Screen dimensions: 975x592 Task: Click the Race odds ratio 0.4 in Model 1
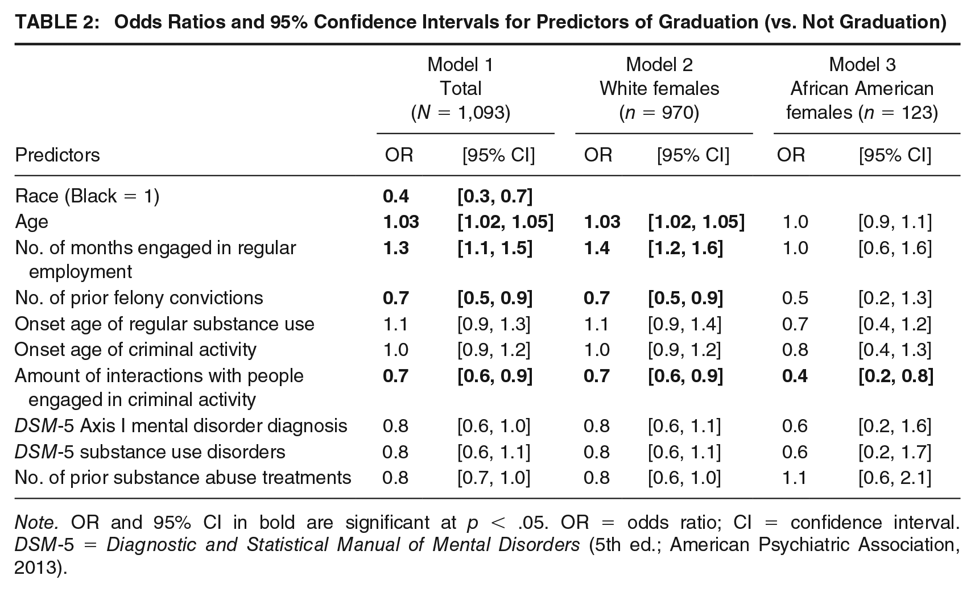[x=396, y=196]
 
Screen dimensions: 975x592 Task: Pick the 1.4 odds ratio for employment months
[x=596, y=248]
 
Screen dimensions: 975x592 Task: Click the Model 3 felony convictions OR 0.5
[x=795, y=298]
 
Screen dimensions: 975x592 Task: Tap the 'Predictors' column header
[x=57, y=155]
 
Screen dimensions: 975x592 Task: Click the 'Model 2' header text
[x=659, y=65]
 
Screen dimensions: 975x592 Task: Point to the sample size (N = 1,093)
[x=461, y=113]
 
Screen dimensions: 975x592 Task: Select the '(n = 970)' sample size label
[x=659, y=113]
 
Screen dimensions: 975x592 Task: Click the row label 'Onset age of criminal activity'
[x=135, y=350]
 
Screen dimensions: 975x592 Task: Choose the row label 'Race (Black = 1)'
[x=87, y=196]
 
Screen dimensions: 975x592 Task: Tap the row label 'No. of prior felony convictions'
[x=139, y=298]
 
